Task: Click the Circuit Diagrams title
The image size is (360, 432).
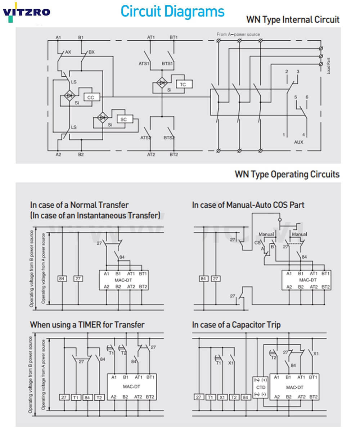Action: pos(172,11)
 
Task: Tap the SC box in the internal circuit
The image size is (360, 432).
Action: pos(123,119)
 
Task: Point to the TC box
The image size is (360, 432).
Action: pos(183,84)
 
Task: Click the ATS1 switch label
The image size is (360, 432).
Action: pos(145,63)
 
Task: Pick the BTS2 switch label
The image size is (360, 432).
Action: pos(169,138)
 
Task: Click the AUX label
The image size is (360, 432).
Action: pos(298,142)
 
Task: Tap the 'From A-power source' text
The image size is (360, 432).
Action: pos(238,35)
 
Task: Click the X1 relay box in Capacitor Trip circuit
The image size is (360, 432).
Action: pos(222,397)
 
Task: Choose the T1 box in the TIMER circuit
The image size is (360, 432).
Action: pos(76,397)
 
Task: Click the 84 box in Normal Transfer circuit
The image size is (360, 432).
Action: pos(62,279)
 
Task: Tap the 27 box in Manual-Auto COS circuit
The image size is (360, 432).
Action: pos(215,279)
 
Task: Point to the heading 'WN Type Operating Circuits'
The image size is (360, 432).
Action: pos(287,175)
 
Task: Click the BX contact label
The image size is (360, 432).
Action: pos(91,52)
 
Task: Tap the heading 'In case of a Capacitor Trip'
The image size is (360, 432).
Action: pos(236,325)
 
